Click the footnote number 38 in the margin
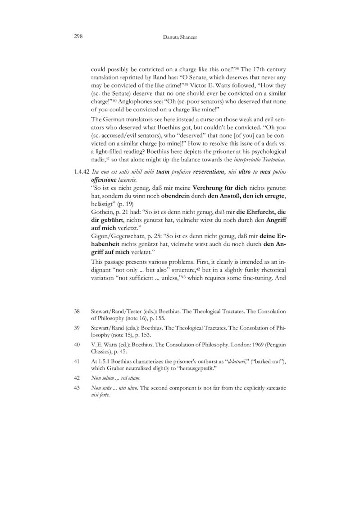pos(77,311)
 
